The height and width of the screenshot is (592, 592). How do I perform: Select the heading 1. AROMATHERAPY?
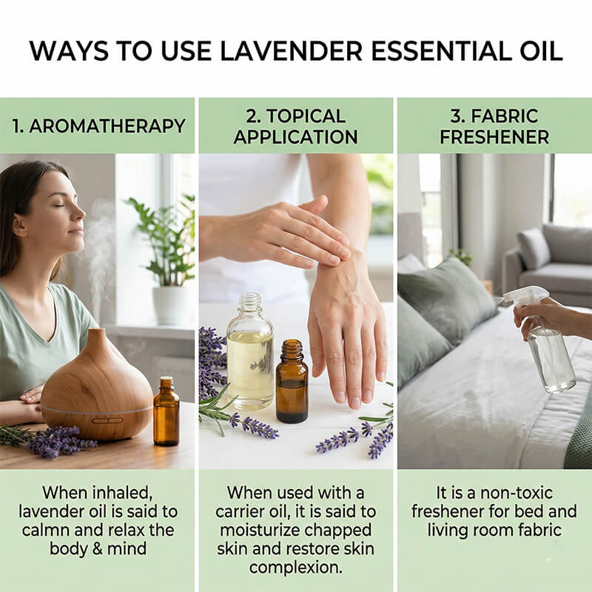[x=98, y=125]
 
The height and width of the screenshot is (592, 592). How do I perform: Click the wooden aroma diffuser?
[x=96, y=388]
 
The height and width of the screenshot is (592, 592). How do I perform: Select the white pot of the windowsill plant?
[x=169, y=304]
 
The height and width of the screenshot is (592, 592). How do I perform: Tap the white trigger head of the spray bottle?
[x=526, y=297]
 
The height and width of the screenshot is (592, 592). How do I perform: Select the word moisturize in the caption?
[x=264, y=531]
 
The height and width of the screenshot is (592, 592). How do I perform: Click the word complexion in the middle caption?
[x=295, y=568]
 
